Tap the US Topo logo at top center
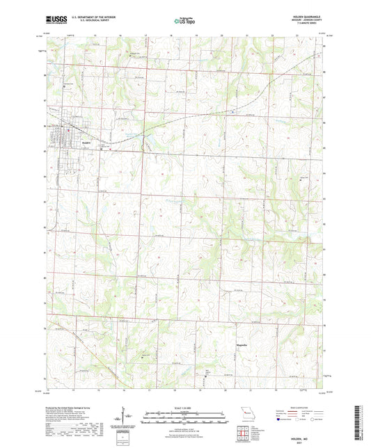pos(184,22)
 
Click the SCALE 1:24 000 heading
pos(184,406)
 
